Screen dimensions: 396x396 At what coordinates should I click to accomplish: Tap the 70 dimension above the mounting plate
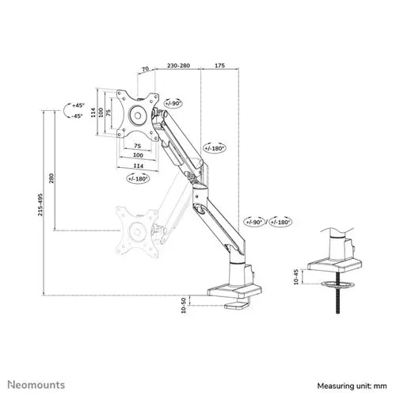[x=144, y=70]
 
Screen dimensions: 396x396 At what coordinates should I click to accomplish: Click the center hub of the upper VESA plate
[x=136, y=114]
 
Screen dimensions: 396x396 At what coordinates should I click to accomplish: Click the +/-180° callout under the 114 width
[x=137, y=178]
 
